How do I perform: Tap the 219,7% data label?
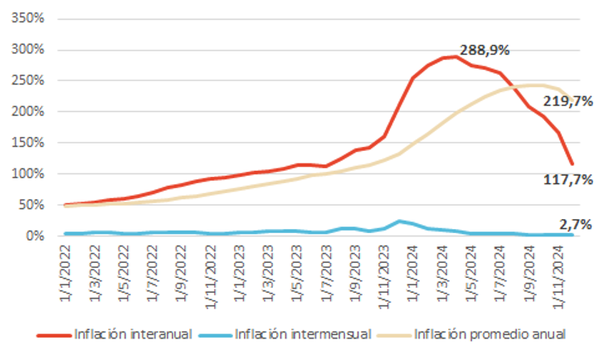pyautogui.click(x=568, y=100)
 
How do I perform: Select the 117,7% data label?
pyautogui.click(x=568, y=177)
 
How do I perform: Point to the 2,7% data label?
pyautogui.click(x=574, y=223)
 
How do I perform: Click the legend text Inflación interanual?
pyautogui.click(x=133, y=334)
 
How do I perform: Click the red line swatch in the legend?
pyautogui.click(x=53, y=335)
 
